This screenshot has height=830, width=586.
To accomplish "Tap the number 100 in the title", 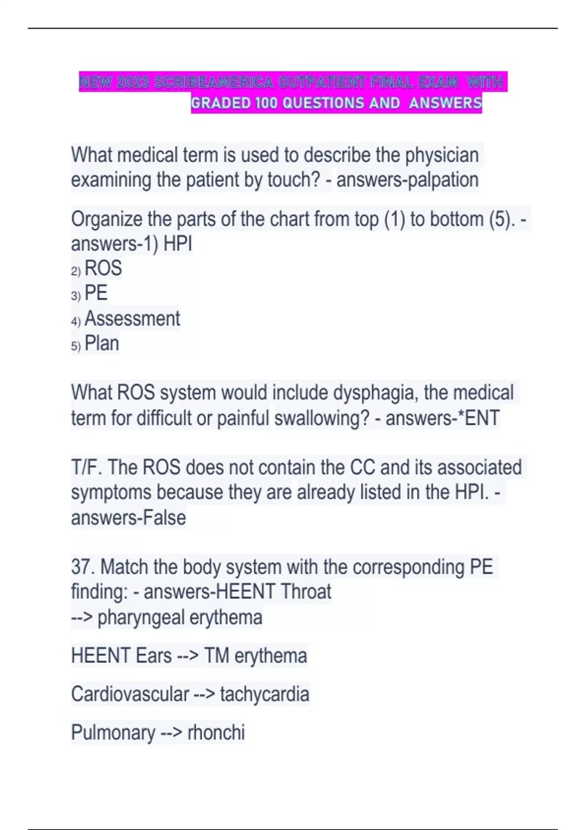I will click(267, 103).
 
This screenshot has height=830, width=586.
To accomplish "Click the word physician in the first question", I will click(441, 155).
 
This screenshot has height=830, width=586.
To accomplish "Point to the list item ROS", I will click(103, 269).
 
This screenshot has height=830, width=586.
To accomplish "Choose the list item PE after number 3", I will click(96, 293).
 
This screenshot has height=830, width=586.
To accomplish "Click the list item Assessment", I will click(132, 319).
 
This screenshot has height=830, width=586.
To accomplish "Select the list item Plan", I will click(102, 343).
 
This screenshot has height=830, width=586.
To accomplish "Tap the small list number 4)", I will click(76, 321).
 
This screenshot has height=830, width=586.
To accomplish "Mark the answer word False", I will click(164, 518).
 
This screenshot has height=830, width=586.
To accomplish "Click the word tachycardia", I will click(264, 694).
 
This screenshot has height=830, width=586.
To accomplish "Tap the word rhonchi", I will click(216, 732).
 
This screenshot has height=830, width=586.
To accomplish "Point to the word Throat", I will click(306, 592).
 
